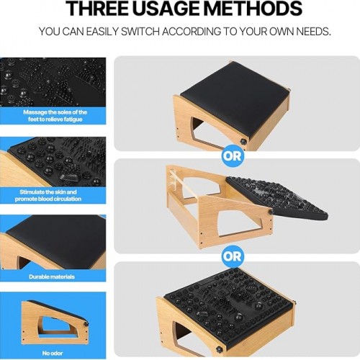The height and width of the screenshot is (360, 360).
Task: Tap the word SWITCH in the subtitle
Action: pos(140,32)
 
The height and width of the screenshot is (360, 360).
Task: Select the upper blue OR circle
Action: pos(232,156)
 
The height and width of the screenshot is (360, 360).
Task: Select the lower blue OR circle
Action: pos(232,256)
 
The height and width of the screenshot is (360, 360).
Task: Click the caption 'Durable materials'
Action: pos(52,276)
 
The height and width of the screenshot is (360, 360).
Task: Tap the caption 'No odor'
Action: pos(53,353)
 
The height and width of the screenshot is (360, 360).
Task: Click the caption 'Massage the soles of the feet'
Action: pos(55,116)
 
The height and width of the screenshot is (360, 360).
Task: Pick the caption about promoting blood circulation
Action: pos(48,195)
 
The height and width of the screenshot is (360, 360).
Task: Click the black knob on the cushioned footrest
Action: pos(243,142)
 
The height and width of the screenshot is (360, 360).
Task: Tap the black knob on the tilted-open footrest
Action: pos(271,212)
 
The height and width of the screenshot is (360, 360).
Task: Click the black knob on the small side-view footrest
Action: pos(86,324)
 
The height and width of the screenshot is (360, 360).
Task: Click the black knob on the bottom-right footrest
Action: pos(219,349)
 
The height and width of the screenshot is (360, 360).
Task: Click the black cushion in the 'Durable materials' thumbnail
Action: pos(56,238)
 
